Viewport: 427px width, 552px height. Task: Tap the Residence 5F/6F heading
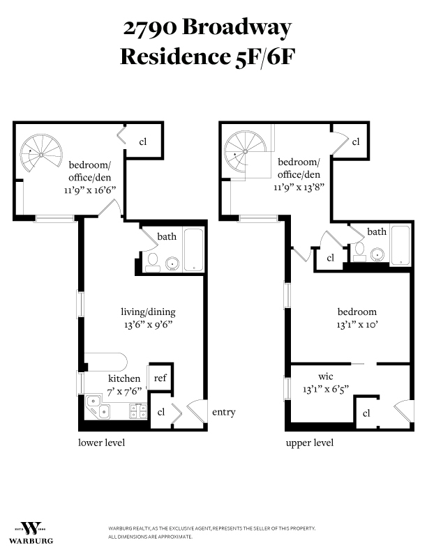point(207,56)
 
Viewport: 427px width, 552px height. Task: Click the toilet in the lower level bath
point(152,261)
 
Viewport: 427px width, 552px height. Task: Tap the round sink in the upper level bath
point(378,254)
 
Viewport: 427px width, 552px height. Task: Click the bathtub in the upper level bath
point(400,245)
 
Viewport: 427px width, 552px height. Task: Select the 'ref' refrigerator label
point(160,378)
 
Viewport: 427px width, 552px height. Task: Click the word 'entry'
point(223,412)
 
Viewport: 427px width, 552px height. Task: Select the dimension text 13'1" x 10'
point(357,324)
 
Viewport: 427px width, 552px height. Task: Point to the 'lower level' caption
point(101,443)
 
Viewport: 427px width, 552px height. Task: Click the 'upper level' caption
point(309,443)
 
